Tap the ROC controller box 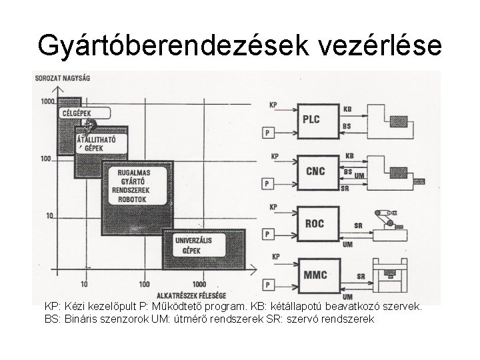[x=314, y=223]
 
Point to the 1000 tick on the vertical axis [x=46, y=101]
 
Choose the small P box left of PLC [x=267, y=132]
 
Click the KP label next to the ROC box [x=273, y=207]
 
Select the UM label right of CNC [x=359, y=175]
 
